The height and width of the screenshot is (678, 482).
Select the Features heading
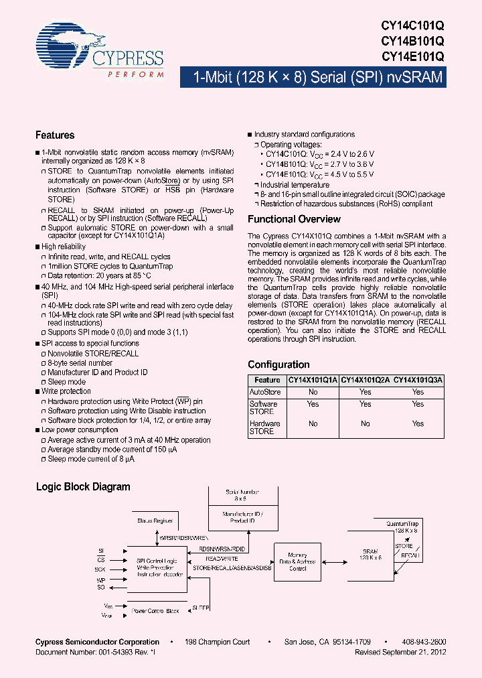tap(55, 135)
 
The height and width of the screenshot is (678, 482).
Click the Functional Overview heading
tap(294, 219)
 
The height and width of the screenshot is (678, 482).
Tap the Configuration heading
tap(278, 364)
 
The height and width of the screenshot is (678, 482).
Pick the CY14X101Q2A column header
tap(366, 380)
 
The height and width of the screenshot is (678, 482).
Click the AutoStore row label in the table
tap(264, 392)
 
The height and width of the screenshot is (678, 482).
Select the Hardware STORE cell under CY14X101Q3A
tap(418, 423)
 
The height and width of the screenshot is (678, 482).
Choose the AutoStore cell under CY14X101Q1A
tap(313, 392)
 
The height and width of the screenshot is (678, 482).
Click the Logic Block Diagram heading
tap(82, 487)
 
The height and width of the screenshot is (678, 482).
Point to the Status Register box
tap(155, 521)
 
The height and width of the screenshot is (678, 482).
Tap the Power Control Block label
tap(155, 610)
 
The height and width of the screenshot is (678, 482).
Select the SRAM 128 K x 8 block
tap(370, 555)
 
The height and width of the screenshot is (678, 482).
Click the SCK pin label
tap(100, 569)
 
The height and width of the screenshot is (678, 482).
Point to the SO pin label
tap(101, 588)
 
